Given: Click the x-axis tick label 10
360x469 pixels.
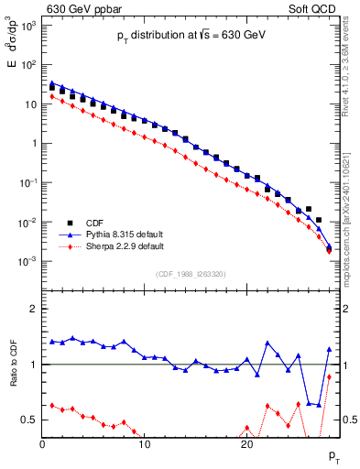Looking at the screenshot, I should click(144, 445).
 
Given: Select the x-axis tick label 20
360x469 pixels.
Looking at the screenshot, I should click(245, 445).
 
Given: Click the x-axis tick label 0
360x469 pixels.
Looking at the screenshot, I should click(42, 445).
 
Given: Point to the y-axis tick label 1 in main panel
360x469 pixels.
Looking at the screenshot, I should click(34, 144).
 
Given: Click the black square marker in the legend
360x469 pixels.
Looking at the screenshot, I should click(70, 222).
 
